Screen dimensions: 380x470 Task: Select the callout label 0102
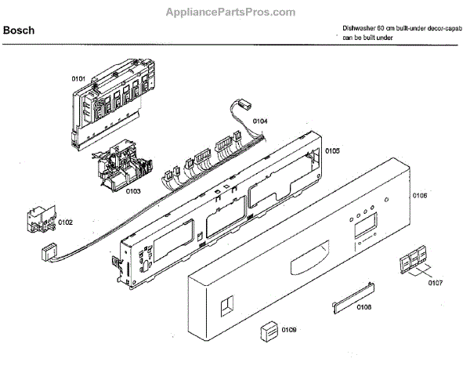(66, 223)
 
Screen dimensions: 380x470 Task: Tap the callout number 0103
(132, 190)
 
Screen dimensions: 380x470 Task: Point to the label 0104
(260, 121)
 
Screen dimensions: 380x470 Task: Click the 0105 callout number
(332, 151)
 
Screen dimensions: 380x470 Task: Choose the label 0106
(419, 195)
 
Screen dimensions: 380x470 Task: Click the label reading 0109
(289, 330)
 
